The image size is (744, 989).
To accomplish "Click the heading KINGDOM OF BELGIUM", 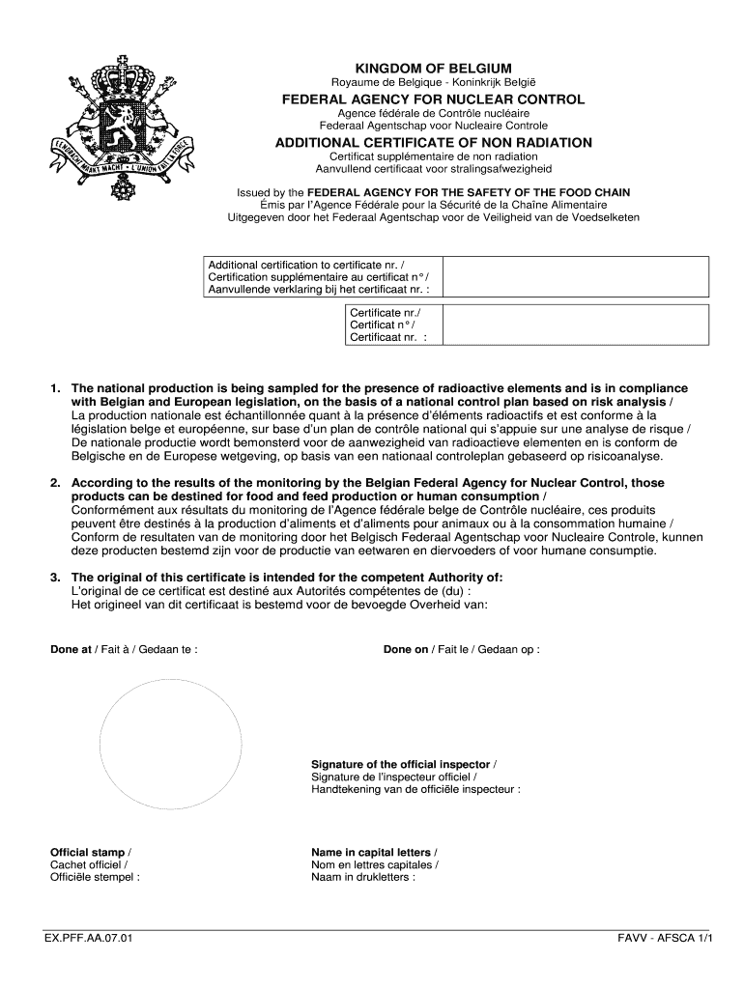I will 433,69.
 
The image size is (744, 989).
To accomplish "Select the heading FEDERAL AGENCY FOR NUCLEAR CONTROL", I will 433,99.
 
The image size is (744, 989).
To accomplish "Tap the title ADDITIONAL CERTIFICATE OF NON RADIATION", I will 433,143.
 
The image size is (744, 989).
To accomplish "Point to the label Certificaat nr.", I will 384,338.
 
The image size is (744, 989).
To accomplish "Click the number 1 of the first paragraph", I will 55,388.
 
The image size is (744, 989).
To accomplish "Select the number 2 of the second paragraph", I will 55,483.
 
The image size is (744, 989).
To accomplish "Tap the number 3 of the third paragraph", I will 55,578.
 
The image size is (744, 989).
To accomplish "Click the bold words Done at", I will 71,649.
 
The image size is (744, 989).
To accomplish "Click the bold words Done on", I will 405,649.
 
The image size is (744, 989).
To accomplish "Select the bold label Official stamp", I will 87,852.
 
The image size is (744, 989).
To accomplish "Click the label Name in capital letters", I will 372,852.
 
